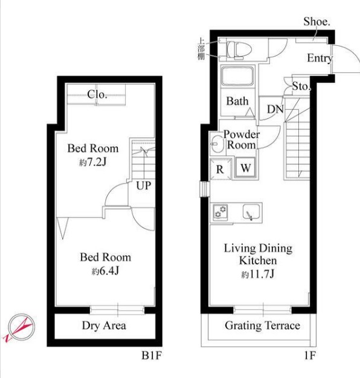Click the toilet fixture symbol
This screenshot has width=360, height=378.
pos(239,50)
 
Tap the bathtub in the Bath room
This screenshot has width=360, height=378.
pos(237,75)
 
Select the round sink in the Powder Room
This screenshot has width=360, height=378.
pos(217,144)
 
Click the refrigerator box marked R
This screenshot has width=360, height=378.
pos(220,169)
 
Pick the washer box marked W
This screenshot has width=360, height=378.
pos(245,168)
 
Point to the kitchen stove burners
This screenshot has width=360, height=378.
pos(220,212)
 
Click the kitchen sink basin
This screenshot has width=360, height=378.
pos(251,212)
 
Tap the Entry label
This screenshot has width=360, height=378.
pos(320,59)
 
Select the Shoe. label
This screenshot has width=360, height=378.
pos(317,22)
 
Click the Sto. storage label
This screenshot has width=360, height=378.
pos(301,86)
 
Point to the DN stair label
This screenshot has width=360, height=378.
pos(275,109)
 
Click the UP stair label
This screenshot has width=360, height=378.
pos(144,185)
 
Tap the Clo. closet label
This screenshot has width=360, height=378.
pos(97,94)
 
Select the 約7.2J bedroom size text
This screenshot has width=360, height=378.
pos(92,162)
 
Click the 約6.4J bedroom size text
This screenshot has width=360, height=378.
pos(105,272)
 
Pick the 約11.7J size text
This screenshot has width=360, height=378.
pos(258,274)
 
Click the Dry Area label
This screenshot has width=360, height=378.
pos(104,325)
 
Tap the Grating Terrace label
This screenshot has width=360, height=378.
pos(262,325)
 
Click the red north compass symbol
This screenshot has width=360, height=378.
pos(19,328)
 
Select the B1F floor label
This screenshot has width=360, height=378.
pos(152,355)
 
